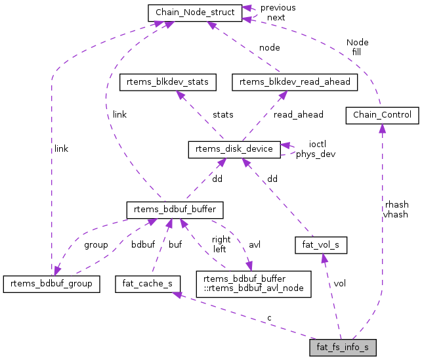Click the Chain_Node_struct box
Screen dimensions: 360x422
pos(194,12)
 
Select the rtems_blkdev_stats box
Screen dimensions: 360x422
pos(167,82)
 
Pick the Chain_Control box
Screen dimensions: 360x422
pos(382,116)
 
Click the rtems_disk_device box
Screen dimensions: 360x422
pos(235,149)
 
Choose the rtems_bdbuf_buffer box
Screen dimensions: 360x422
pos(176,210)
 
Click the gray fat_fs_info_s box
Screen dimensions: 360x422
pos(343,346)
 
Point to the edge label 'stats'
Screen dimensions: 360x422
pos(222,114)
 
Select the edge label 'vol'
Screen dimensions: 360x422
pos(340,284)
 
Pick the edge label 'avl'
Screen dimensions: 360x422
pos(255,245)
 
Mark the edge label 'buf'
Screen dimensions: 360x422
pos(175,245)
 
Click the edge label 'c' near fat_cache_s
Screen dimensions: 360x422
pos(269,318)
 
